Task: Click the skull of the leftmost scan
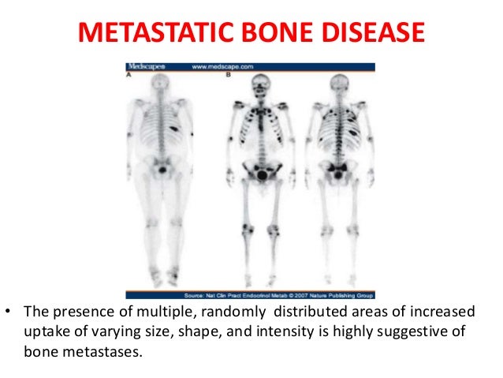coord(162,86)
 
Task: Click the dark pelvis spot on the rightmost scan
coord(340,167)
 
